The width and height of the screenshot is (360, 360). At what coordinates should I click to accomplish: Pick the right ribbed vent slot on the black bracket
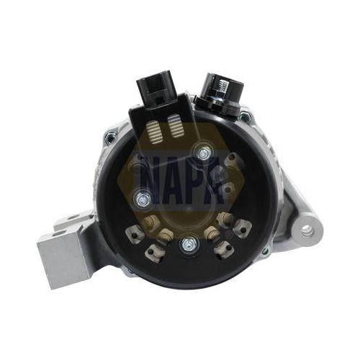click(176, 126)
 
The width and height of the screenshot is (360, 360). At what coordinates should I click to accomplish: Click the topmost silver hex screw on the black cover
click(203, 153)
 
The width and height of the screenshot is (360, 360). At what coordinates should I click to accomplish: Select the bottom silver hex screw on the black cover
click(189, 246)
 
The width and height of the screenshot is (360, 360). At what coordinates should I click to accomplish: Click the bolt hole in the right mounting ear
click(307, 231)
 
